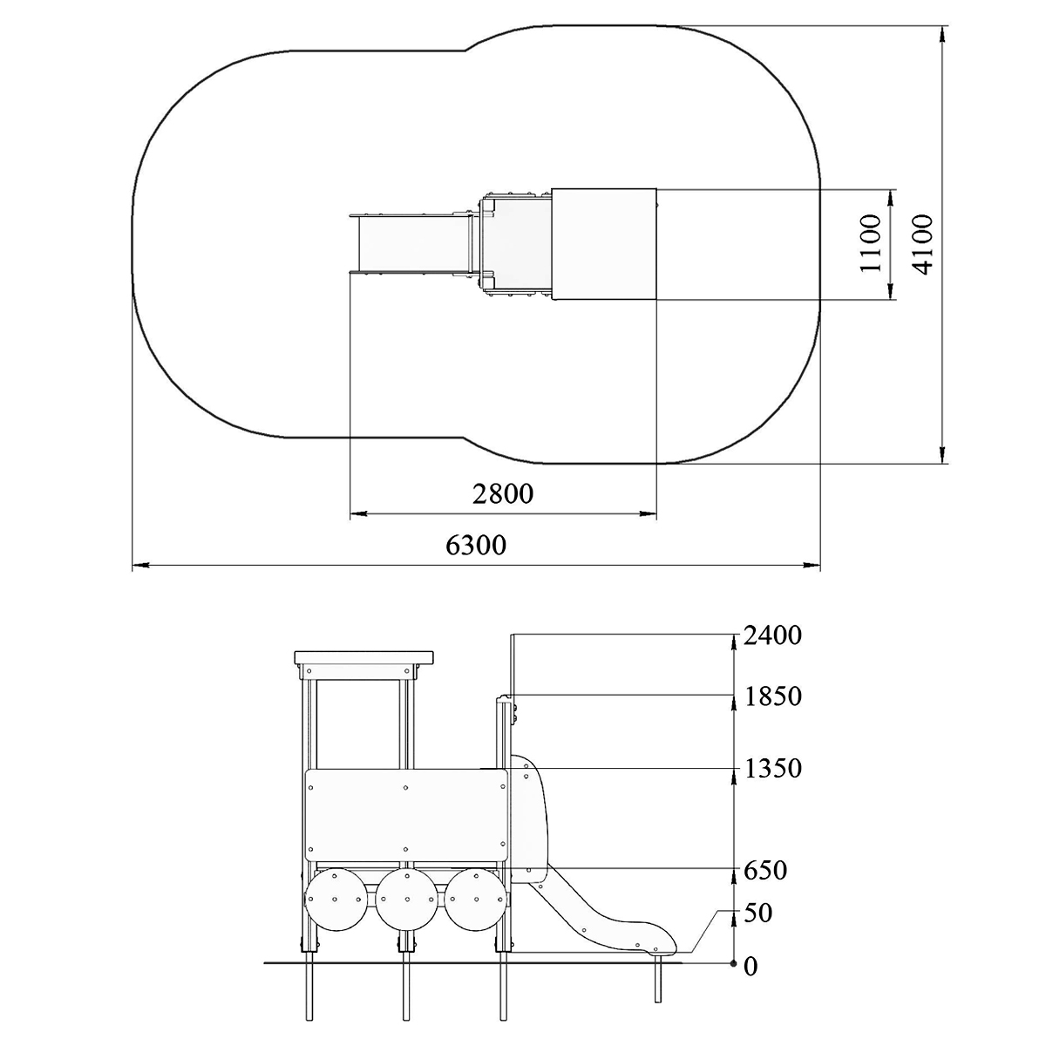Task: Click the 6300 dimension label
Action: (476, 545)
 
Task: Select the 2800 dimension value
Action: (503, 493)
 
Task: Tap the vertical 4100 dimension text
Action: (921, 244)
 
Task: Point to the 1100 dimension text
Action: (871, 244)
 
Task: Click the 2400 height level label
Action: (772, 635)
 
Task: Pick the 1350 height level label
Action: (772, 768)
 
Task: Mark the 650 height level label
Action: (765, 870)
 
